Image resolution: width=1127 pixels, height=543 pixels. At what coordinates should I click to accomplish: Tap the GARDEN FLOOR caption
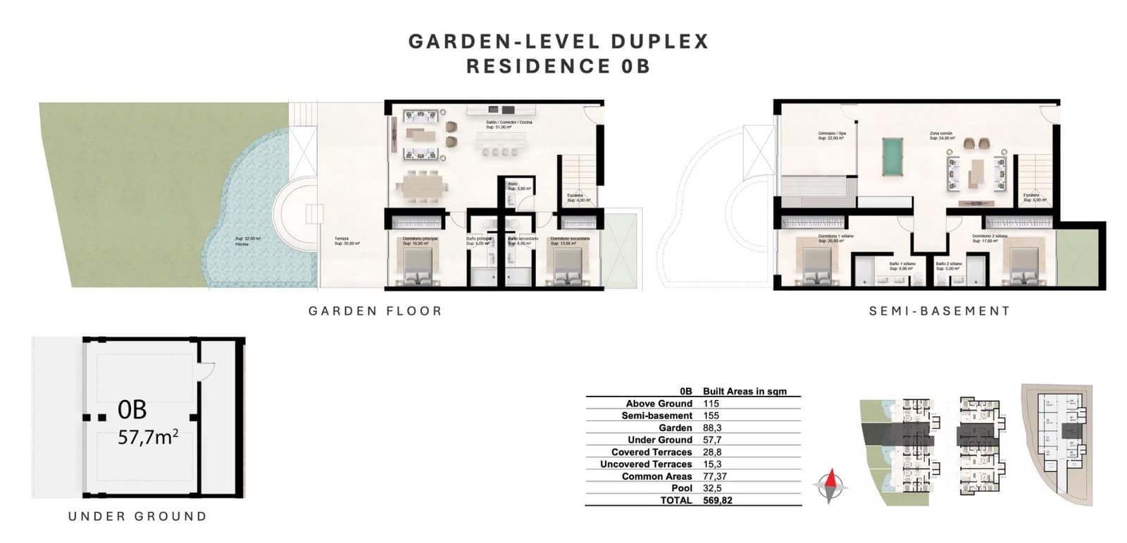click(375, 311)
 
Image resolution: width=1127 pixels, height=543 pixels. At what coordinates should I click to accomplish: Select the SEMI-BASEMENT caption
click(940, 311)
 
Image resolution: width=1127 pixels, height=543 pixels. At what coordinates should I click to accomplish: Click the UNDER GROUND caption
click(137, 516)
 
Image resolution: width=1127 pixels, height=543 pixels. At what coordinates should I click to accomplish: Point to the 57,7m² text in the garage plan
click(147, 437)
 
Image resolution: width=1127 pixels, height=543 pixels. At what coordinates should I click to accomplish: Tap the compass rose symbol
click(831, 486)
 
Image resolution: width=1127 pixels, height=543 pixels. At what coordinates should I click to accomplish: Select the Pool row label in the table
click(682, 488)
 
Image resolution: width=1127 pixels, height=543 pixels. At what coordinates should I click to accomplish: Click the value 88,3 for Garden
click(711, 427)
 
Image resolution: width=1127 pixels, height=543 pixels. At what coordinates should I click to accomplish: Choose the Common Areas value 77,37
click(714, 476)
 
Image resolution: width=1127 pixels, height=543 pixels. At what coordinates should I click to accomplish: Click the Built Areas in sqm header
click(745, 391)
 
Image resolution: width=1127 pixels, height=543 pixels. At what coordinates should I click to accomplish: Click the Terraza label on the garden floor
click(342, 239)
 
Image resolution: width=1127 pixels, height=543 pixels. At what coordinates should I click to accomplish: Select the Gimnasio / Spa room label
click(831, 133)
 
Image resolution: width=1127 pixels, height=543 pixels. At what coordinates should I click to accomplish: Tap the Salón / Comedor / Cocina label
click(509, 122)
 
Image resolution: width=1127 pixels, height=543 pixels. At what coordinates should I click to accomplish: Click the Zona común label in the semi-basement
click(940, 133)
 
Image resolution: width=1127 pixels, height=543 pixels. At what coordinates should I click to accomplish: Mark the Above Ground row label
click(659, 404)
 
